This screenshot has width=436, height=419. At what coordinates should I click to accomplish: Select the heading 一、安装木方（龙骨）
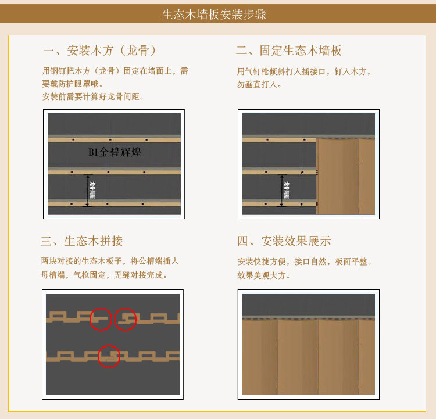[x=99, y=51]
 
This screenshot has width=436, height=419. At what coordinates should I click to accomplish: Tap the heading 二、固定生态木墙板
[x=288, y=51]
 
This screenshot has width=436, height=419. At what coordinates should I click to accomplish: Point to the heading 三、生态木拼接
[x=82, y=241]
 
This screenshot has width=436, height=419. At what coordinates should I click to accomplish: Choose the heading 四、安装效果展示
[x=284, y=241]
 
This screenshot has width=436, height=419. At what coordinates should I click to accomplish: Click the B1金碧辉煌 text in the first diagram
[x=115, y=152]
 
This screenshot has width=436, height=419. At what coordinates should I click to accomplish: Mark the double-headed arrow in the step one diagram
[x=88, y=190]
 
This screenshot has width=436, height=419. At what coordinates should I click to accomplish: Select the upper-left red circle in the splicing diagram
[x=101, y=319]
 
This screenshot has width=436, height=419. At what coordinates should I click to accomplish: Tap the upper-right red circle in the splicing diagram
[x=125, y=318]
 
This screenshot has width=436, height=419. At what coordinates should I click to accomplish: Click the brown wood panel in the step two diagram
[x=345, y=177]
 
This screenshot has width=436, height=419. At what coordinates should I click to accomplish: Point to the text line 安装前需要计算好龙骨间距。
[x=93, y=96]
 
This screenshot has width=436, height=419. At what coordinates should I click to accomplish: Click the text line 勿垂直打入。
[x=259, y=84]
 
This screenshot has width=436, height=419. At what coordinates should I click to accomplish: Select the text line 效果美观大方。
[x=264, y=275]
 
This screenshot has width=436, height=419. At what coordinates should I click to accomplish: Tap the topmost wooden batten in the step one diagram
[x=114, y=140]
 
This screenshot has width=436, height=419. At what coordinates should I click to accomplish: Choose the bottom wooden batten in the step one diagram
[x=114, y=204]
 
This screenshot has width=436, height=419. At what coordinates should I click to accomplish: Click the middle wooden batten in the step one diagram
[x=114, y=172]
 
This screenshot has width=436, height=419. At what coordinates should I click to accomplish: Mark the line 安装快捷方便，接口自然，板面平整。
[x=304, y=262]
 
